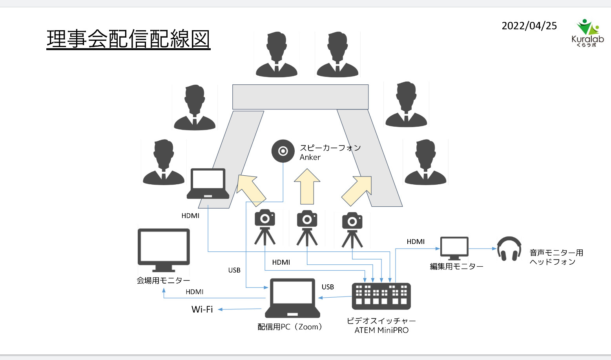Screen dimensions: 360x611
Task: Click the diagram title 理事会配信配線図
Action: (128, 39)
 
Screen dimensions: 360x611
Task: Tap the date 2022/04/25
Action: (529, 26)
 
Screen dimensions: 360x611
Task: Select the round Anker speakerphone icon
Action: (283, 151)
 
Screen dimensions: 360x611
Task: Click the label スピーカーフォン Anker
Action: (330, 152)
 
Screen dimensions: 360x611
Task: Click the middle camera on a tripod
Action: (307, 227)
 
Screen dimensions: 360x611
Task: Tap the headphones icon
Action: (509, 249)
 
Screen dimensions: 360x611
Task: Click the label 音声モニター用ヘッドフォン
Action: (556, 257)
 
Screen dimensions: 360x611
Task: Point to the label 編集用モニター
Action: (456, 267)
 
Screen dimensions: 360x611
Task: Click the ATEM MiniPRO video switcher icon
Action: (381, 296)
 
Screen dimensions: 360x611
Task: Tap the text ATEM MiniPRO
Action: (381, 330)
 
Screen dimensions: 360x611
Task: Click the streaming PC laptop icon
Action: (292, 298)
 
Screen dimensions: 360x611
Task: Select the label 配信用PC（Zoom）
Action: (290, 327)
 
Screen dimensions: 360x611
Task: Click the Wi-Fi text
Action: (202, 309)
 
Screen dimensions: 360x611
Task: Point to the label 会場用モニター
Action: (163, 280)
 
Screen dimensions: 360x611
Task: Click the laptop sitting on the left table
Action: (208, 184)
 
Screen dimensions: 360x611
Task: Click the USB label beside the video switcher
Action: (328, 287)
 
